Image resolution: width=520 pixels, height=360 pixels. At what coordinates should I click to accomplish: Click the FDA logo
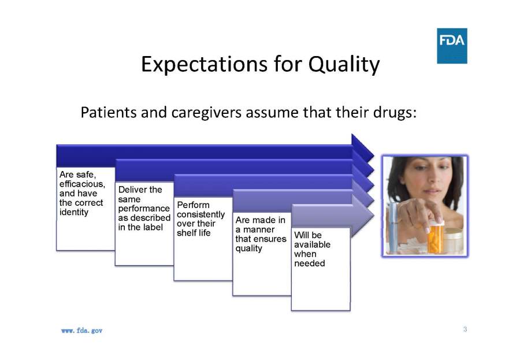(452, 46)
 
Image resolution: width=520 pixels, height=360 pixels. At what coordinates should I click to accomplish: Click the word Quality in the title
(344, 64)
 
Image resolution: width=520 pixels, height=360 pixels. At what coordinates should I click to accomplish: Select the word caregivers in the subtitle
(206, 113)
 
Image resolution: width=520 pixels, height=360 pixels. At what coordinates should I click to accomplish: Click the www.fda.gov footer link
(81, 331)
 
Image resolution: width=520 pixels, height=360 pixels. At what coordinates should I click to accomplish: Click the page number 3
(465, 329)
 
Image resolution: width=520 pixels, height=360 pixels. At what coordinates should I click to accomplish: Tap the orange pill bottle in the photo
(435, 237)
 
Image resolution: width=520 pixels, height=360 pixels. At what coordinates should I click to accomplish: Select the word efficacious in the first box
(82, 184)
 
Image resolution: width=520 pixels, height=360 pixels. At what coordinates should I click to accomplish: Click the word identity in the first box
(73, 212)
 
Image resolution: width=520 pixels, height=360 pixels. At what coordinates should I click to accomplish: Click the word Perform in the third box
(193, 205)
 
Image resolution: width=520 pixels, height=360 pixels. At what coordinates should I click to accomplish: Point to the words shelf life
(194, 233)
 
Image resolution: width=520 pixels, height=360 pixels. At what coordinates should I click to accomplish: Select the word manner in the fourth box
(259, 229)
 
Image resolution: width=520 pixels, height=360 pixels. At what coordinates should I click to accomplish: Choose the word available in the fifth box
(312, 244)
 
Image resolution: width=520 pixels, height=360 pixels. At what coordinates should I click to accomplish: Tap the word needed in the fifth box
(310, 263)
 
